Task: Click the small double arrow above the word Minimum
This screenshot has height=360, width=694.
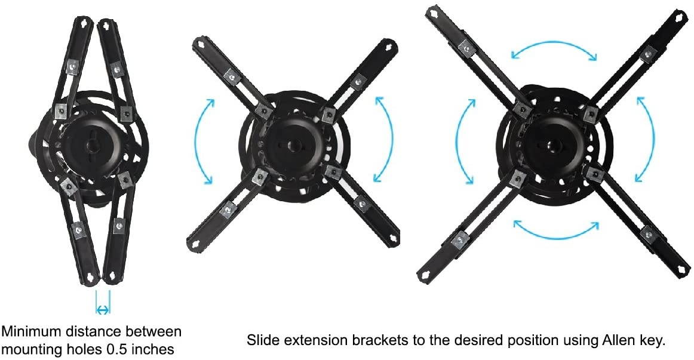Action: [x=103, y=309]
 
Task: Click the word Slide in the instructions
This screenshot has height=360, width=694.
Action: [x=260, y=341]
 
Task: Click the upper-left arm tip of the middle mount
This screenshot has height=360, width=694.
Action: [x=198, y=44]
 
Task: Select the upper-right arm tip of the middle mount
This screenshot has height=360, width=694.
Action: [x=389, y=46]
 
